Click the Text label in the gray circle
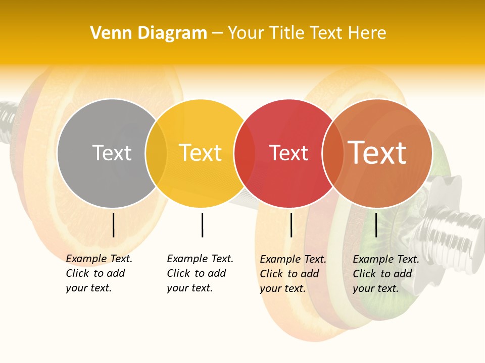tap(112, 153)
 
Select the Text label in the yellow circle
tap(200, 153)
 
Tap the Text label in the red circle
tap(288, 153)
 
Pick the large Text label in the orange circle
tap(377, 153)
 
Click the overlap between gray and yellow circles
tap(156, 153)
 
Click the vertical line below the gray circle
tap(114, 225)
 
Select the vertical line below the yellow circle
tap(202, 225)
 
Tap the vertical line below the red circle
tap(291, 225)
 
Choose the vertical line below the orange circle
tap(376, 225)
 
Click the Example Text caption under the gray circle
tap(99, 273)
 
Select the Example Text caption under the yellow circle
tap(200, 273)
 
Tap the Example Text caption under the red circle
tap(293, 274)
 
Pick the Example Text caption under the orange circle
tap(385, 274)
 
